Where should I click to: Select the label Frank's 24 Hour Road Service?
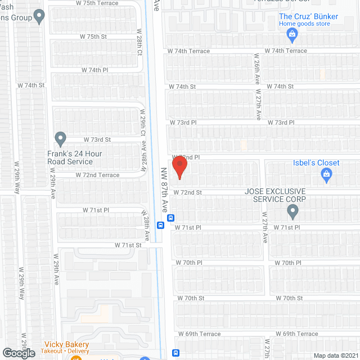click(70, 157)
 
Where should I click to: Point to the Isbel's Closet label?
click(316, 163)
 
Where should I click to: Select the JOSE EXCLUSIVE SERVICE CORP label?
click(275, 195)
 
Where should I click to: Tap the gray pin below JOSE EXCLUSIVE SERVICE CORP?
click(292, 211)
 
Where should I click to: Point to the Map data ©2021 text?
click(336, 355)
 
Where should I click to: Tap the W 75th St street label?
click(93, 37)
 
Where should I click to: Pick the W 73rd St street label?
click(97, 139)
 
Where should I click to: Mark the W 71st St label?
click(128, 245)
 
